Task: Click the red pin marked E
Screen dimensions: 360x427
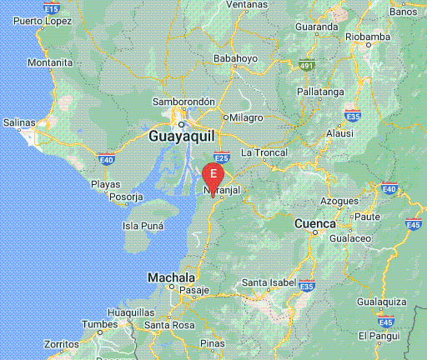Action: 213,174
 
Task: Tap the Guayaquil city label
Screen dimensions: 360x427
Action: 182,134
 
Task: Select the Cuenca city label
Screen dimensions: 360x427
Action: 315,224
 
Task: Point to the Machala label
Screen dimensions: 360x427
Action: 171,277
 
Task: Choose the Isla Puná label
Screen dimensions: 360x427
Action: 142,226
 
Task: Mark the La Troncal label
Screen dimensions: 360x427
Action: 264,152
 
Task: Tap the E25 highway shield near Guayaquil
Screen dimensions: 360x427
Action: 222,157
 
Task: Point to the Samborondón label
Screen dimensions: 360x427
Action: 184,102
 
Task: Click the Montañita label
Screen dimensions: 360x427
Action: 50,62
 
